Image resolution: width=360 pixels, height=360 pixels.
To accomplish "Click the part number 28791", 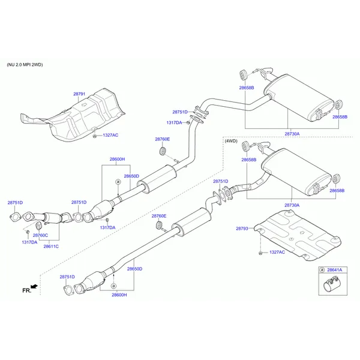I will (x=79, y=94).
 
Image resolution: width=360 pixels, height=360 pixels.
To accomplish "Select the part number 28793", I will (x=242, y=228).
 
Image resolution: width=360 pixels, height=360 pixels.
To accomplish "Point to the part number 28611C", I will (x=51, y=246).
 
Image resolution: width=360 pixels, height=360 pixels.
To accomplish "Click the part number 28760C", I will (x=40, y=236).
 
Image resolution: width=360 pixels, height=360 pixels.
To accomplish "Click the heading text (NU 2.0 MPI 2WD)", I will (x=25, y=64).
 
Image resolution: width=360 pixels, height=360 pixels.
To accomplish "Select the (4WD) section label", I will (x=231, y=140).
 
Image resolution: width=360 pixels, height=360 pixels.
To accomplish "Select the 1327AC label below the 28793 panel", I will (x=278, y=253).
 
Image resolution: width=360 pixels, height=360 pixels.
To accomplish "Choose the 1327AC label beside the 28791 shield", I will (x=110, y=136).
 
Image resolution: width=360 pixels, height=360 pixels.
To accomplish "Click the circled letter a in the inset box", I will (x=322, y=270).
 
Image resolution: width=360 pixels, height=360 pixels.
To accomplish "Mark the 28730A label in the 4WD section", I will (x=292, y=205).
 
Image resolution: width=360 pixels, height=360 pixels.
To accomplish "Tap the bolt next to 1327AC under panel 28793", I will (x=260, y=253).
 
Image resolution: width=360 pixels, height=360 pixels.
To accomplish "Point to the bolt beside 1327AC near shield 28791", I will (x=95, y=136).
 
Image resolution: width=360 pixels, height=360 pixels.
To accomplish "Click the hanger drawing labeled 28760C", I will (x=38, y=225).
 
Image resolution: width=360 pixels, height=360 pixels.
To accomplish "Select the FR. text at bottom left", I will (x=26, y=290).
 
